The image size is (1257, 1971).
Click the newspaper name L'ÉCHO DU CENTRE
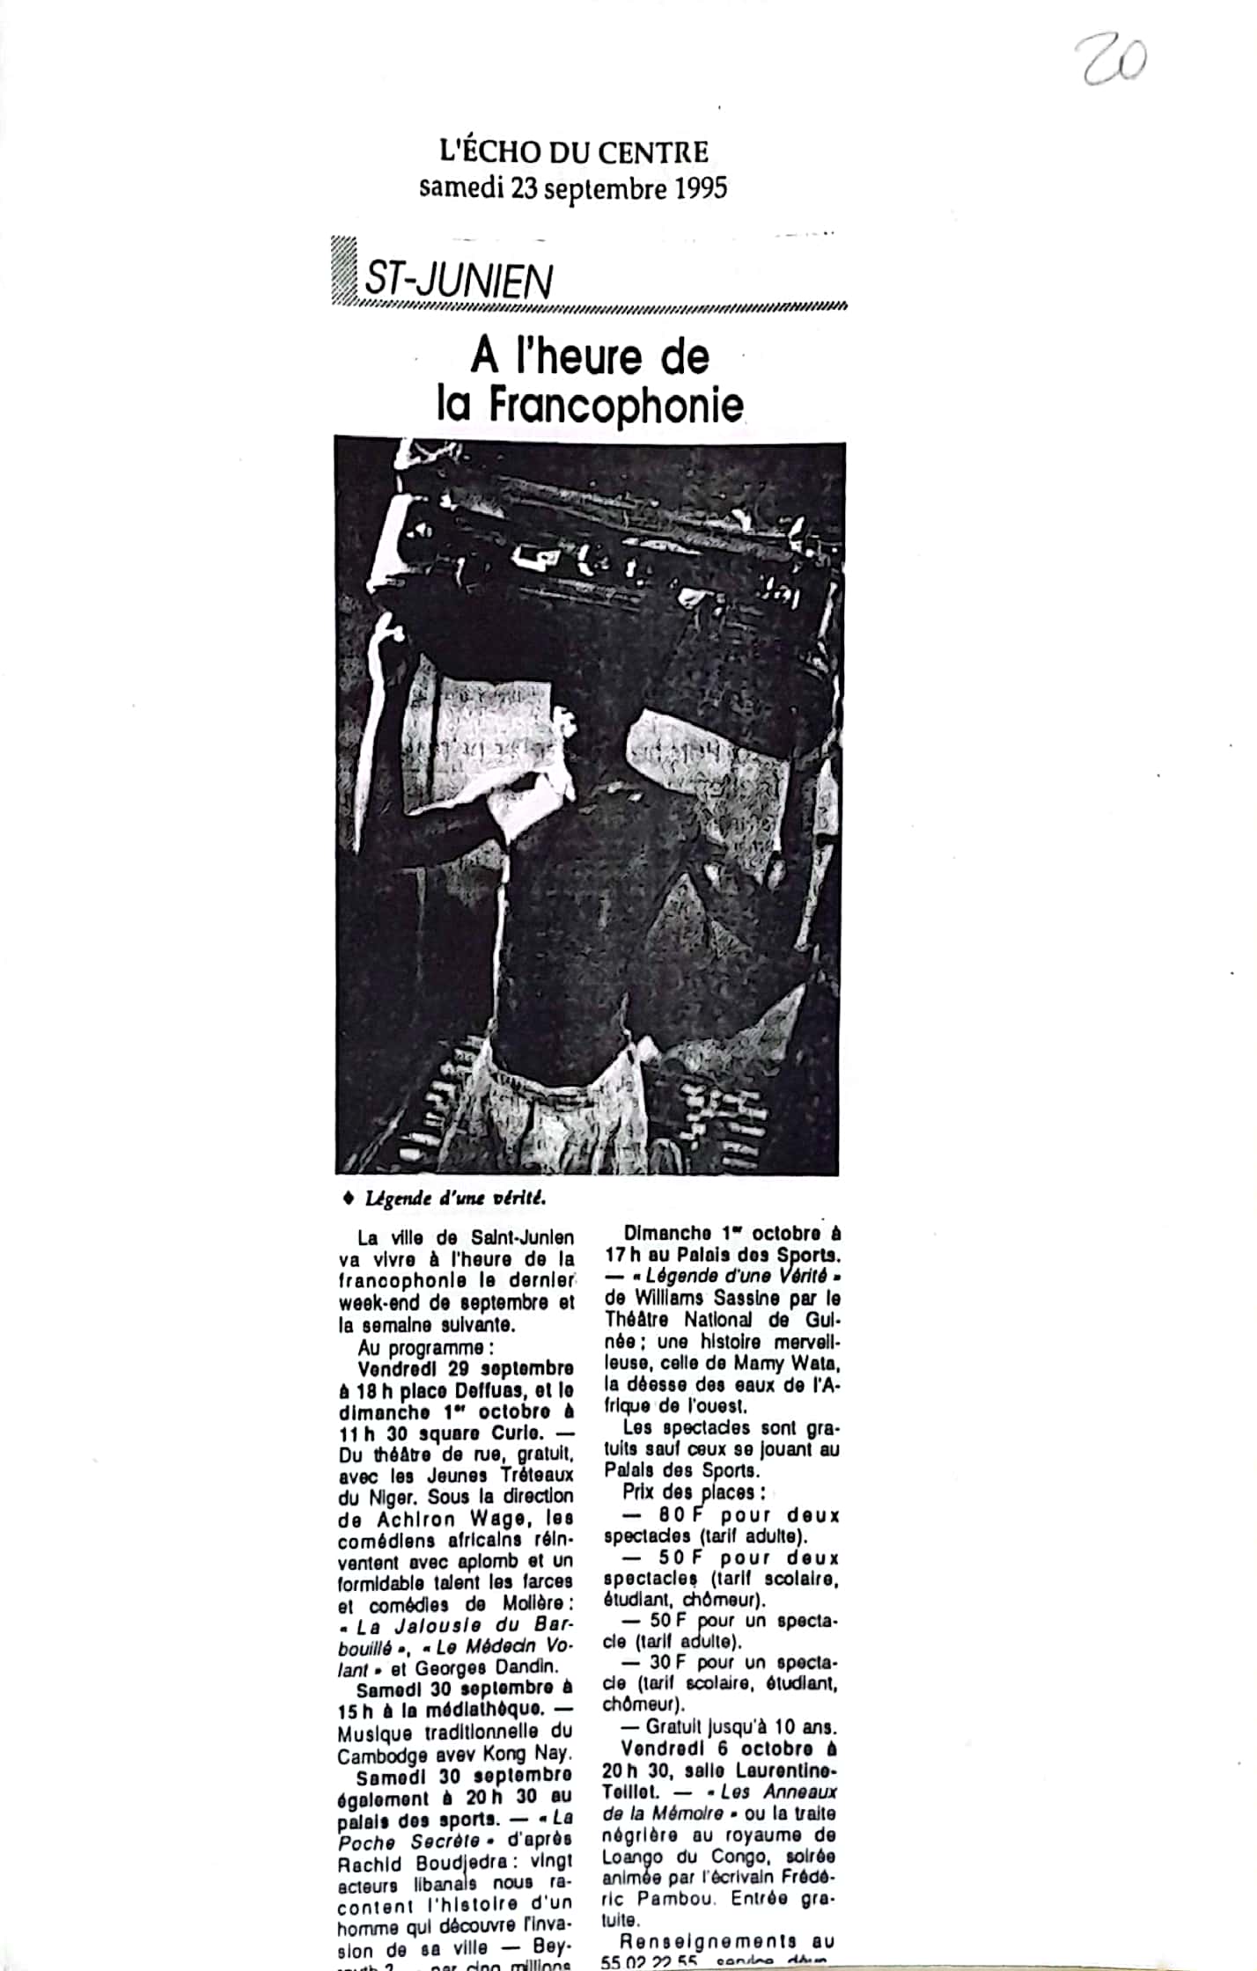(574, 152)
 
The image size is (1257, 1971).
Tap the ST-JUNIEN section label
(458, 282)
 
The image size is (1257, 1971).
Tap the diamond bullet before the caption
(348, 1198)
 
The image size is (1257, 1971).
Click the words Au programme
(421, 1348)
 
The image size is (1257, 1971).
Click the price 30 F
(666, 1662)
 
